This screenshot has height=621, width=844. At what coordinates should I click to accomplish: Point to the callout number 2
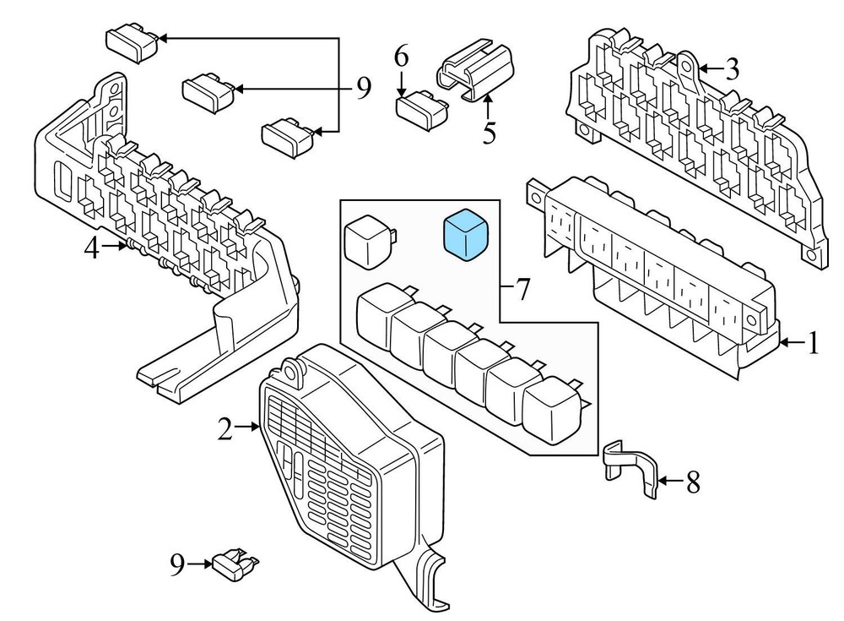coord(225,429)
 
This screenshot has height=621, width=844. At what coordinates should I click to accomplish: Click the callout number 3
coord(731,68)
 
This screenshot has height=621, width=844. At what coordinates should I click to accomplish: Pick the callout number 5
coord(489,132)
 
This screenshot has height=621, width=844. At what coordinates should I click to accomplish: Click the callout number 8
coord(692,482)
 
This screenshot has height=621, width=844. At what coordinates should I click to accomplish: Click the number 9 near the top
coord(363,87)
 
